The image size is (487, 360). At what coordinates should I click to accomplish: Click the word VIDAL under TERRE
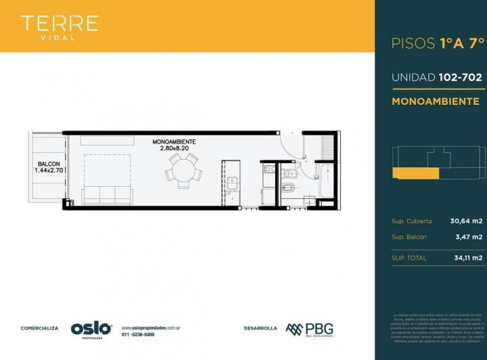point(60,38)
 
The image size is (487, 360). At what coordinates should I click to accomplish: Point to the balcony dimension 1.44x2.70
point(48,171)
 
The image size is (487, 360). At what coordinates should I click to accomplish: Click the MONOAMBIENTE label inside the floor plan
point(174,141)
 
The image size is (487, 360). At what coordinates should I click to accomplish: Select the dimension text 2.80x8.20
point(174,148)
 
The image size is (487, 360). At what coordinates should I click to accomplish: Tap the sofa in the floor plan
point(107,196)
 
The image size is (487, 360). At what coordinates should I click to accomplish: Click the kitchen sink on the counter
point(232,182)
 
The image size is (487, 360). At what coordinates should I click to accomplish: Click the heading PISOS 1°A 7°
point(438,43)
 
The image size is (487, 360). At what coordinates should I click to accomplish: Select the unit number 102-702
point(458,77)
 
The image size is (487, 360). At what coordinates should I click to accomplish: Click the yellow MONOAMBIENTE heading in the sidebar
point(435,102)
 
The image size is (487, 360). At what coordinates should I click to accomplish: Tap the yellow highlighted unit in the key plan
point(415,174)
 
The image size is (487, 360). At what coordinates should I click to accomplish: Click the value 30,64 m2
point(466,221)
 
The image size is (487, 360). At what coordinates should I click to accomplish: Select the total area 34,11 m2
point(467,258)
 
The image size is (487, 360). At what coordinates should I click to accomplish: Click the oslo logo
point(91,328)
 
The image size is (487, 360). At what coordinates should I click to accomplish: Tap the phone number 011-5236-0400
point(138,334)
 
